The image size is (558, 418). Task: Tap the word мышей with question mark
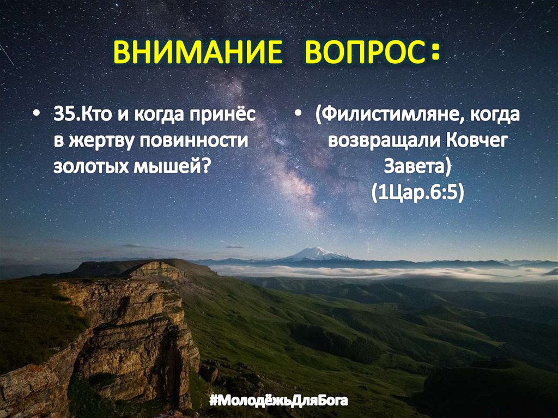[x=172, y=165]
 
